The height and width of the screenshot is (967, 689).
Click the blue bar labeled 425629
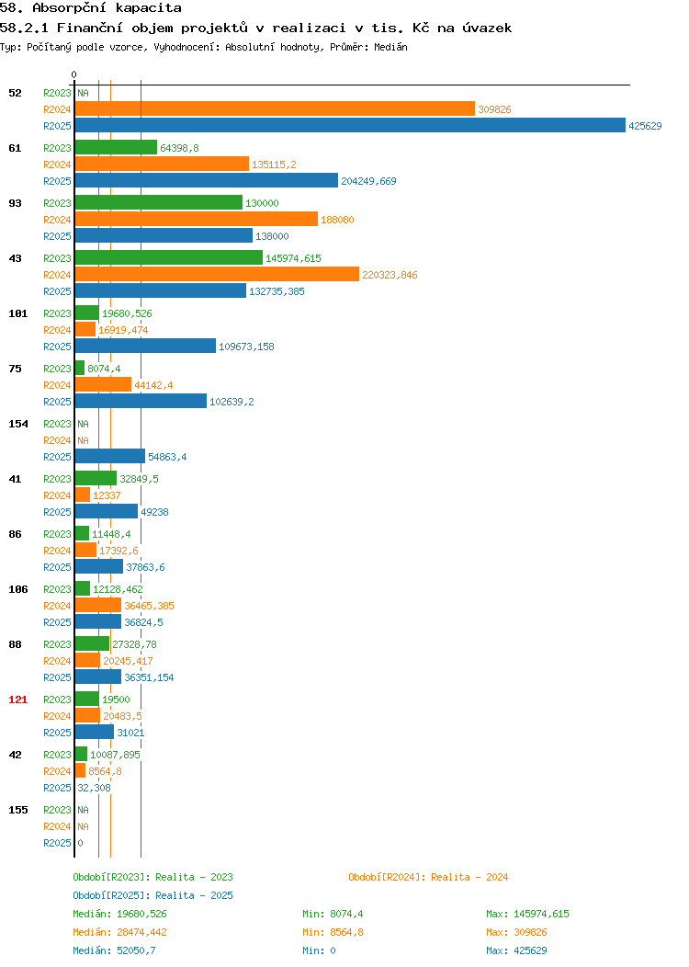tap(350, 125)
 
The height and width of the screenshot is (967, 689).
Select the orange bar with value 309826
tap(275, 109)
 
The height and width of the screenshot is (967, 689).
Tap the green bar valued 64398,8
tap(116, 147)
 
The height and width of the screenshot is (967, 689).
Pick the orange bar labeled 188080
tap(197, 219)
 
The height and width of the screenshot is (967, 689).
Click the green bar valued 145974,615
tap(169, 257)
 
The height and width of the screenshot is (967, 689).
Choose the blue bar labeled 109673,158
tap(145, 346)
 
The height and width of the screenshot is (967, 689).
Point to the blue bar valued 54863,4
tap(110, 456)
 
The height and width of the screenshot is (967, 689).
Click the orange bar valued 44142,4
tap(104, 385)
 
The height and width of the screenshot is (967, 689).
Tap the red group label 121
tap(17, 700)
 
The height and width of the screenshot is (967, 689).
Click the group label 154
tap(17, 424)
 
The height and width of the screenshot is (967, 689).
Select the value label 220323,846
tap(390, 275)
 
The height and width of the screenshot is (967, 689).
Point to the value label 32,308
tap(95, 788)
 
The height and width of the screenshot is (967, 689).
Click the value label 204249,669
tap(368, 181)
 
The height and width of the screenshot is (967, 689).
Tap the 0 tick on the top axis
tap(74, 74)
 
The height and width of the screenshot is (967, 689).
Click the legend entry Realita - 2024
tap(428, 877)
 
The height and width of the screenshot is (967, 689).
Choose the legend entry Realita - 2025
tap(152, 895)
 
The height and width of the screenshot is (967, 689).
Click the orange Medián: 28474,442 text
tap(119, 932)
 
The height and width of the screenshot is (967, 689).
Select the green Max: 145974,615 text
tap(527, 914)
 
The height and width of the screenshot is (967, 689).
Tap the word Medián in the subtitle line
tap(390, 47)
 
